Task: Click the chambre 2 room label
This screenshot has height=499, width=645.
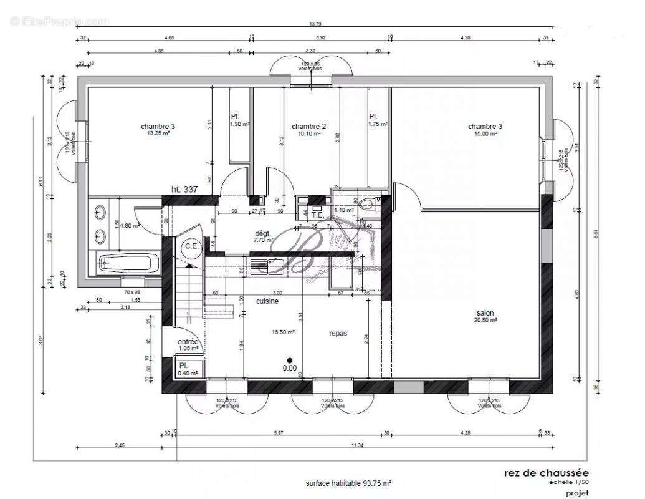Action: click(x=308, y=127)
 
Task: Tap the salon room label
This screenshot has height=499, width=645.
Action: click(x=485, y=313)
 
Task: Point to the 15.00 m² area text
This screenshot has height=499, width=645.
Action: click(x=485, y=133)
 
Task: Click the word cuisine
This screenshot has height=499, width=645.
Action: click(x=267, y=301)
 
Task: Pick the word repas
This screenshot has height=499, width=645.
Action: click(x=338, y=334)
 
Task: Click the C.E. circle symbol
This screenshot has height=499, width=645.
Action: click(x=191, y=246)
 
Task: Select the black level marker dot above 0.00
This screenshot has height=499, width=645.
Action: click(x=289, y=360)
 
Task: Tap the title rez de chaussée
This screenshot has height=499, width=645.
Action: click(x=545, y=473)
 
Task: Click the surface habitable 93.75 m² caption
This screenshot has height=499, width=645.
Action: click(x=348, y=483)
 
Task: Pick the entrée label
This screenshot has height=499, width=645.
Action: click(x=188, y=342)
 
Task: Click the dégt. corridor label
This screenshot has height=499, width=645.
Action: click(x=264, y=232)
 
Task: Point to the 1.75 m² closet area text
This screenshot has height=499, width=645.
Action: click(x=378, y=124)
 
